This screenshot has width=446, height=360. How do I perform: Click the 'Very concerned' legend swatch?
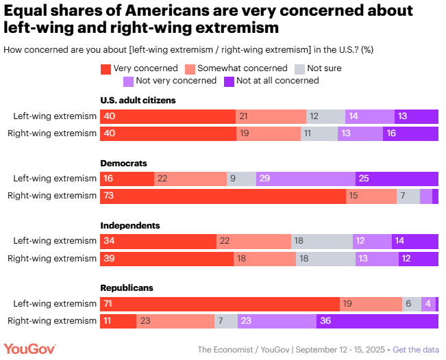point(106,68)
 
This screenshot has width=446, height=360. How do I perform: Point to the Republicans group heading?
point(127,288)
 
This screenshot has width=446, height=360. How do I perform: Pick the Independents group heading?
point(130,225)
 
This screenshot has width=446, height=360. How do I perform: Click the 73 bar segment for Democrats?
point(223,196)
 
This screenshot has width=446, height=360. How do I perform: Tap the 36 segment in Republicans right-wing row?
point(377,322)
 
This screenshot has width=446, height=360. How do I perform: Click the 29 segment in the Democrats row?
point(306,179)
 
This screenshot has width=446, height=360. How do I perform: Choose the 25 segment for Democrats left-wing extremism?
point(397,179)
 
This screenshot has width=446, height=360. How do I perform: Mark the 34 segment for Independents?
point(158,241)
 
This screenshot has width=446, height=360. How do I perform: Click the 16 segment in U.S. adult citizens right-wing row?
point(410,133)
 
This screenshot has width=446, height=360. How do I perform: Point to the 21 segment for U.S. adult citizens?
point(271,116)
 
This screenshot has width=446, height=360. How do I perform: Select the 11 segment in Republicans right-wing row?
point(119,322)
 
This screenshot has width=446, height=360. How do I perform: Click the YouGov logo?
point(29,349)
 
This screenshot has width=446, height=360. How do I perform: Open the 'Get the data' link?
point(416,350)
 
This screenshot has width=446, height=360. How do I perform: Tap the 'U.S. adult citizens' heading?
point(138,100)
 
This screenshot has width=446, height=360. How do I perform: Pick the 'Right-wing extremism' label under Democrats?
point(52,196)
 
